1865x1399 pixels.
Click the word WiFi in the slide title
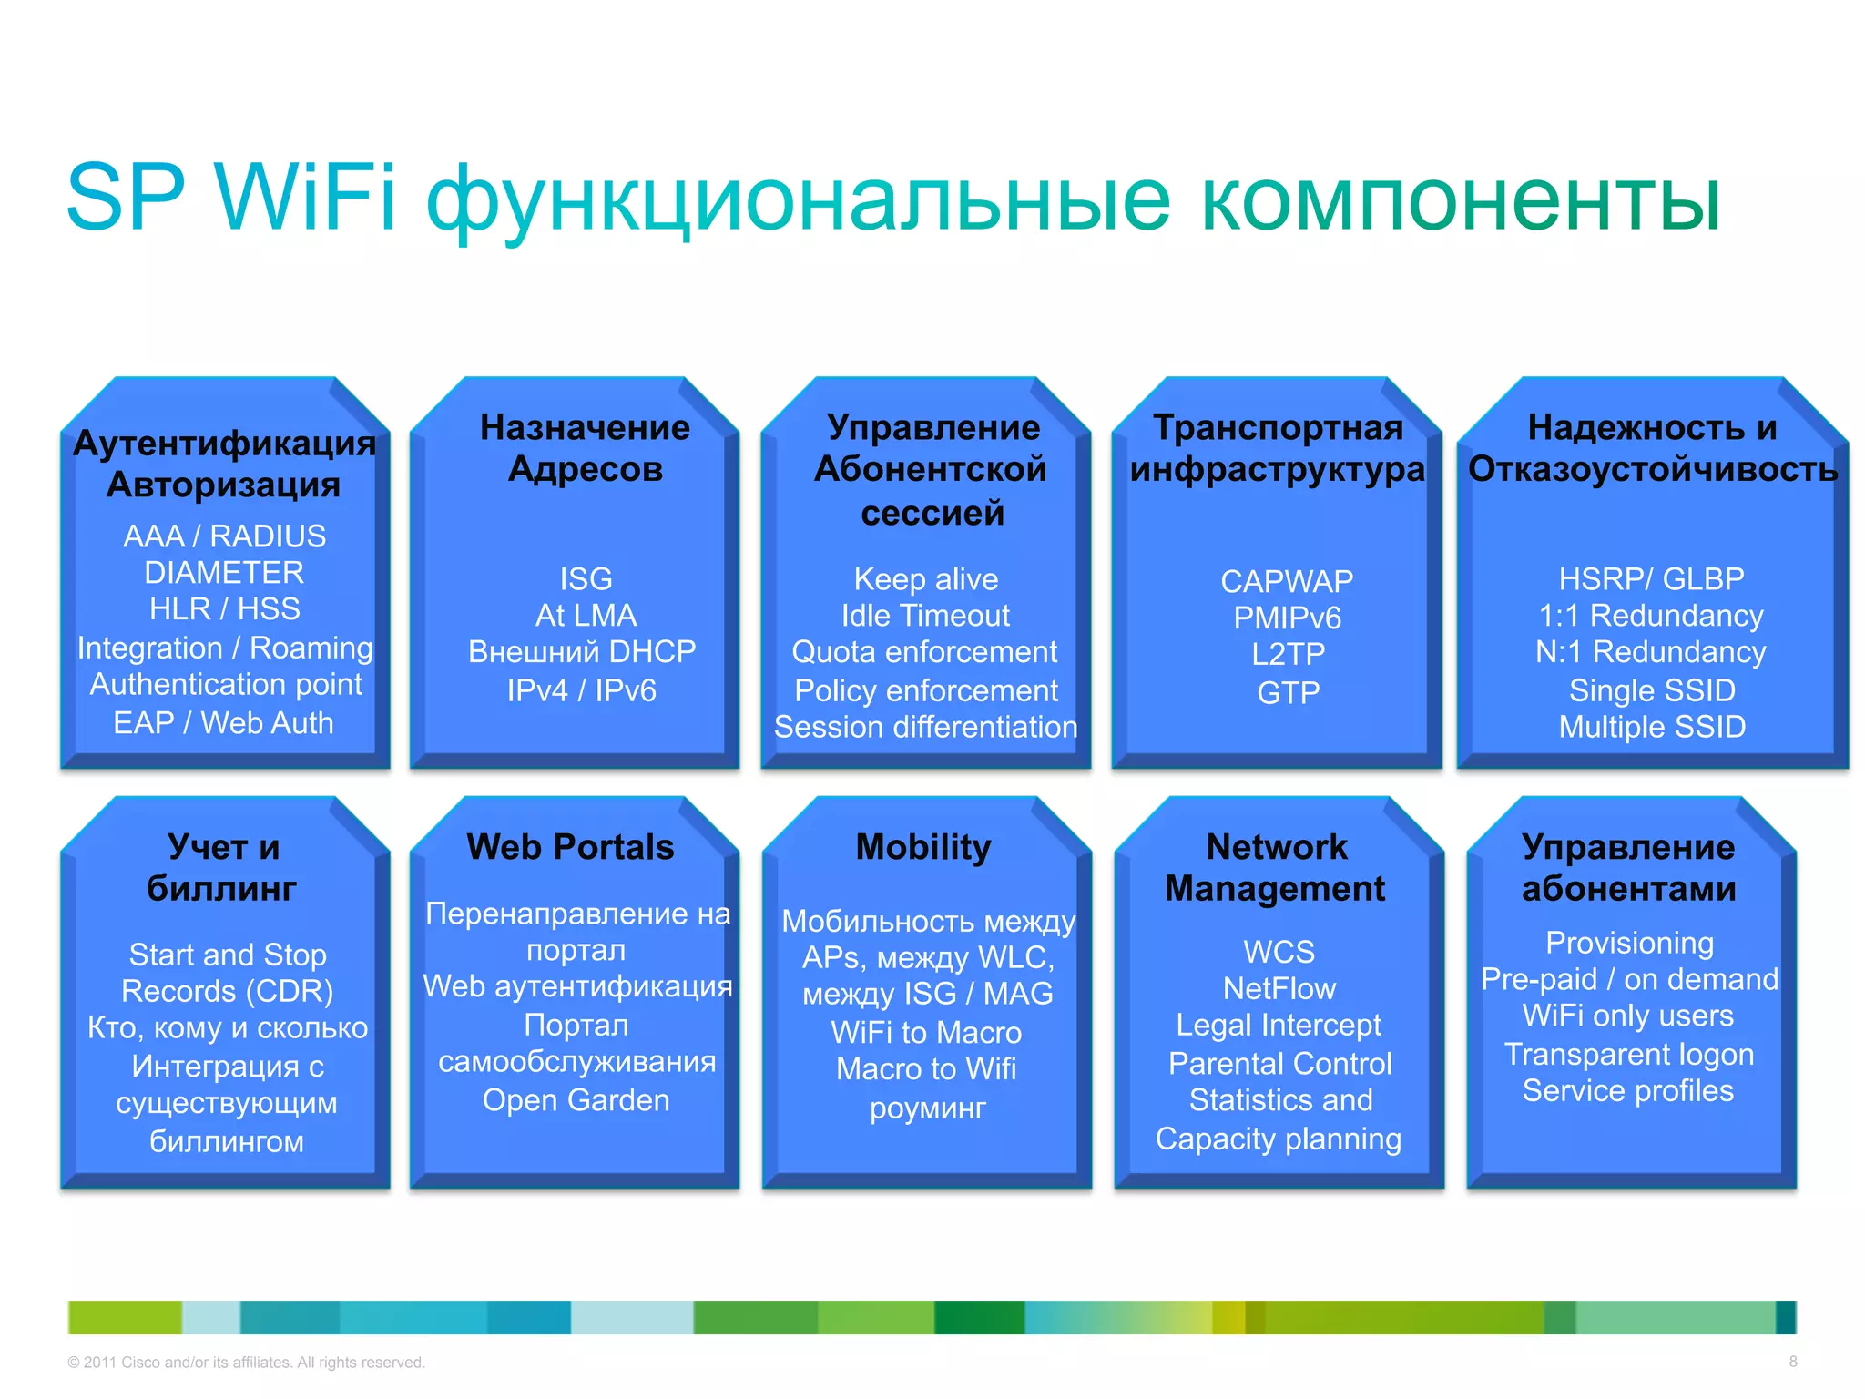point(306,198)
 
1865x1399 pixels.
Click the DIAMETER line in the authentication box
point(224,572)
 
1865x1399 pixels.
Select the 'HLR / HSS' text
point(224,608)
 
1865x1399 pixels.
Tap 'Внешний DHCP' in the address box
point(581,651)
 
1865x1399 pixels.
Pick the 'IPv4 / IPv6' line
point(581,690)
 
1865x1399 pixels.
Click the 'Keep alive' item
point(925,579)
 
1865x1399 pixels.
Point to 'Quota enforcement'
point(923,652)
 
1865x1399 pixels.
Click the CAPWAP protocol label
point(1286,581)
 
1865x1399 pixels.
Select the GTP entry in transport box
point(1287,692)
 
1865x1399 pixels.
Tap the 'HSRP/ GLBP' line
point(1650,578)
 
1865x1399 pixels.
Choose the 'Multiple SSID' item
point(1651,727)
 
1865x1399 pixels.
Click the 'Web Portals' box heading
point(570,847)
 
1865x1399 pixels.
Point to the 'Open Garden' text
point(576,1100)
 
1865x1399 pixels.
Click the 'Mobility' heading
point(922,847)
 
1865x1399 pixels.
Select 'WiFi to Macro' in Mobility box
point(925,1032)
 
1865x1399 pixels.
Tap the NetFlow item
point(1279,988)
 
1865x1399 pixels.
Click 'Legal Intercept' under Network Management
point(1278,1025)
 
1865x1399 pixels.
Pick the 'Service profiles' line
point(1627,1090)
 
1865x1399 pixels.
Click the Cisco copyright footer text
point(246,1363)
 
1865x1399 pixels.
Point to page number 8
point(1792,1362)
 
